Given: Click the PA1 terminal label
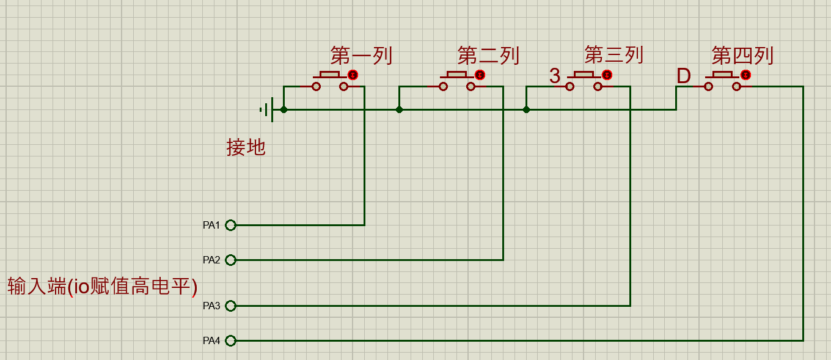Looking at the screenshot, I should coord(211,226).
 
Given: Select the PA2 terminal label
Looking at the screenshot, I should coord(211,260).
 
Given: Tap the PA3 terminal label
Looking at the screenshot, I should coord(211,306).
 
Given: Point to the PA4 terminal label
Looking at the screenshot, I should coord(211,340).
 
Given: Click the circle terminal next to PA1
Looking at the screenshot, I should coord(230,226).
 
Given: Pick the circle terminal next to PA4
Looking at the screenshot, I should coord(230,340).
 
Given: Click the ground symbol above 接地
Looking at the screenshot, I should coord(267,110).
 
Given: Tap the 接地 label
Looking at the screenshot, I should coord(246,147).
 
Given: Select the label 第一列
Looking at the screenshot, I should coord(361,56).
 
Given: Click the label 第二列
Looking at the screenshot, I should coord(488,56).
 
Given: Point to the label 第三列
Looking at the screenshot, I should coord(614,55).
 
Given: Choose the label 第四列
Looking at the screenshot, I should coord(742,56).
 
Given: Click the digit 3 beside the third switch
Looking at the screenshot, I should coord(554,76).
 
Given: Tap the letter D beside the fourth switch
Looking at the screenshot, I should coord(684,76).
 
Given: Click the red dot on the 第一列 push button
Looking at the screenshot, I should coord(353,75).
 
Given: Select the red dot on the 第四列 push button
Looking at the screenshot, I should coord(746,75).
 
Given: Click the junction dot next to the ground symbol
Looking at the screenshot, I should coord(284,110).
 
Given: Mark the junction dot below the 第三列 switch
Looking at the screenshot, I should coord(527,110).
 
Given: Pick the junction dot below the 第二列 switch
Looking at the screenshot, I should coord(399,110).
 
